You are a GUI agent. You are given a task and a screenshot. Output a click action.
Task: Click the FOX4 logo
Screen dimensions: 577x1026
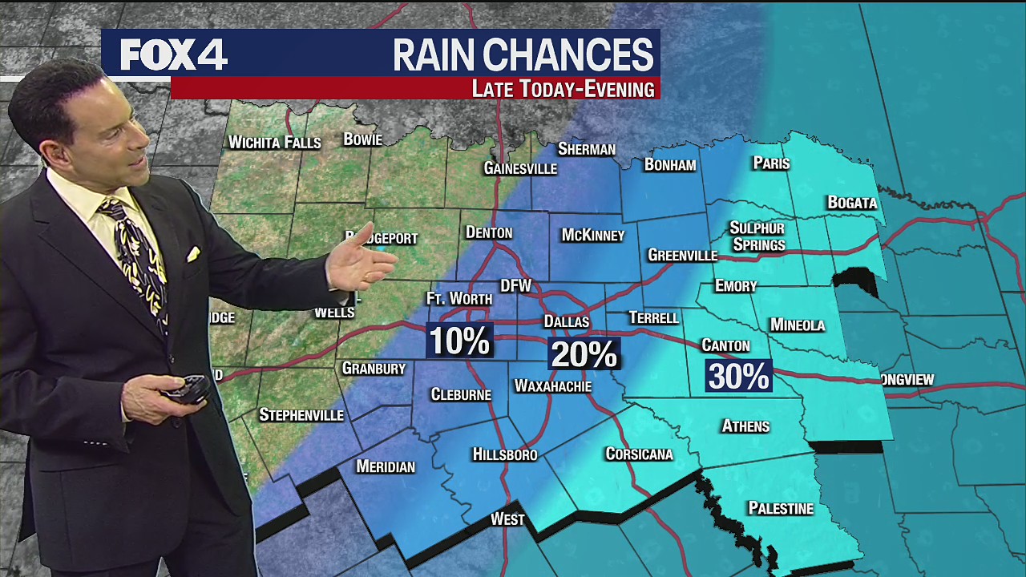174,54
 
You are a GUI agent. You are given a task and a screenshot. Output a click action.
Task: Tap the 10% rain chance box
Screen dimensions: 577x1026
459,341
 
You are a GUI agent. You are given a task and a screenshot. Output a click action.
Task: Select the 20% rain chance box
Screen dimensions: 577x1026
584,353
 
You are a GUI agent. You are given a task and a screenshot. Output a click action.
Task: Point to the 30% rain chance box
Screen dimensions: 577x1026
738,376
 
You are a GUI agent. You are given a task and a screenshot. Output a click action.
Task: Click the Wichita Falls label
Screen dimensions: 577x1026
274,143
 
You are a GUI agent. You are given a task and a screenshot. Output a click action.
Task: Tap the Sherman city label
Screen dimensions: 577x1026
586,149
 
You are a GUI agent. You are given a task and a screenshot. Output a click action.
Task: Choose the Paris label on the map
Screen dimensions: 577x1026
771,163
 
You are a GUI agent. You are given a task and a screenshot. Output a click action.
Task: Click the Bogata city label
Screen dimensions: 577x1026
852,203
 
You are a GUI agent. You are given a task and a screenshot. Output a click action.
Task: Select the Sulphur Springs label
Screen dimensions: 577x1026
757,236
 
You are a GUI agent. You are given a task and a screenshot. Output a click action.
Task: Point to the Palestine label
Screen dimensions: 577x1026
780,508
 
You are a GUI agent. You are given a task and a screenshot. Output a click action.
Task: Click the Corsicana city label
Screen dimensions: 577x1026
639,454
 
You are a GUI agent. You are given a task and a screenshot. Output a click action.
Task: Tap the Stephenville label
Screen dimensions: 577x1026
301,415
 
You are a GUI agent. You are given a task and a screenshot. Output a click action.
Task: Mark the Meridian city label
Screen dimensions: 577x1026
386,466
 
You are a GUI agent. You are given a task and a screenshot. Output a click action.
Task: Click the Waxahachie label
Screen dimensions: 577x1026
552,386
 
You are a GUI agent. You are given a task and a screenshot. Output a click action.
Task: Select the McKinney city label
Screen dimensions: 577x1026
592,235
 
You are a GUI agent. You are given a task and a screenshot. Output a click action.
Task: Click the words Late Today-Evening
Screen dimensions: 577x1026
563,89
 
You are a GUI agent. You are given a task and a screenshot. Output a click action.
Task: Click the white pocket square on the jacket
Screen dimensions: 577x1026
193,254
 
